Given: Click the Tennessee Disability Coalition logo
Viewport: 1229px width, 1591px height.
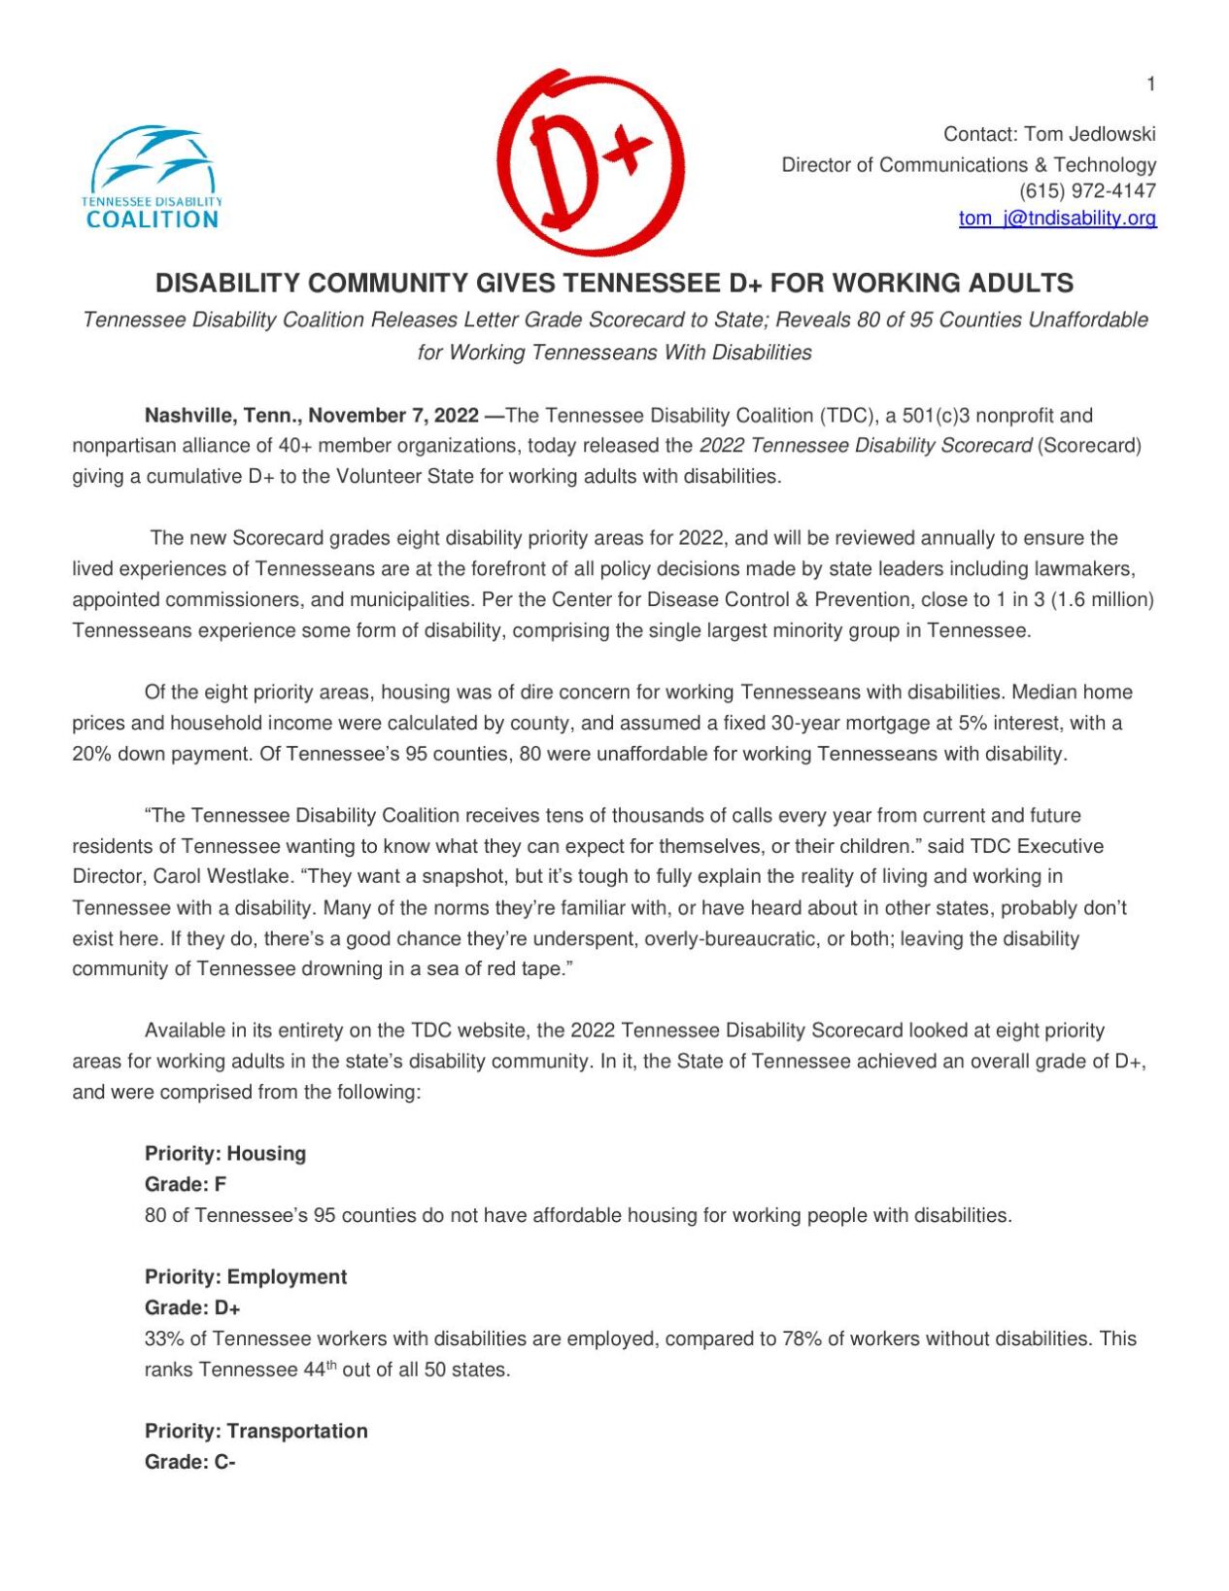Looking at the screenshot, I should [152, 178].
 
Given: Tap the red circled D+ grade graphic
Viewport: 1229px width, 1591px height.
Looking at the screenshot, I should [590, 162].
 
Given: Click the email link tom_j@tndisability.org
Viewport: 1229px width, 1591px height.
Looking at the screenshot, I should [1057, 219].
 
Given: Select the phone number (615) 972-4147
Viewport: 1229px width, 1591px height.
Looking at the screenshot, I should [1087, 191].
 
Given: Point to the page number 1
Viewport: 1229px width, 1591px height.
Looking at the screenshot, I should [1150, 85].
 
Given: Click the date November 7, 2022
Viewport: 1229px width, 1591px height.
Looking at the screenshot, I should [393, 416].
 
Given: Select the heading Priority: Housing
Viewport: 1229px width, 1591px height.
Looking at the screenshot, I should [225, 1154].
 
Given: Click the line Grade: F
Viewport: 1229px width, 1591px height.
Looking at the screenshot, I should [186, 1184].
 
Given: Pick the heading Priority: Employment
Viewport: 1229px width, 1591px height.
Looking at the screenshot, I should [246, 1277].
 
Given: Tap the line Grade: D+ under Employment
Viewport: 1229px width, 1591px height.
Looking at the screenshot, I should [192, 1307].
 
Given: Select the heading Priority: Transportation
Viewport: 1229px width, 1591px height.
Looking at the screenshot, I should [256, 1431].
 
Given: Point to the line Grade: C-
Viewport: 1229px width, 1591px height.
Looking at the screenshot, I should [190, 1462].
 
